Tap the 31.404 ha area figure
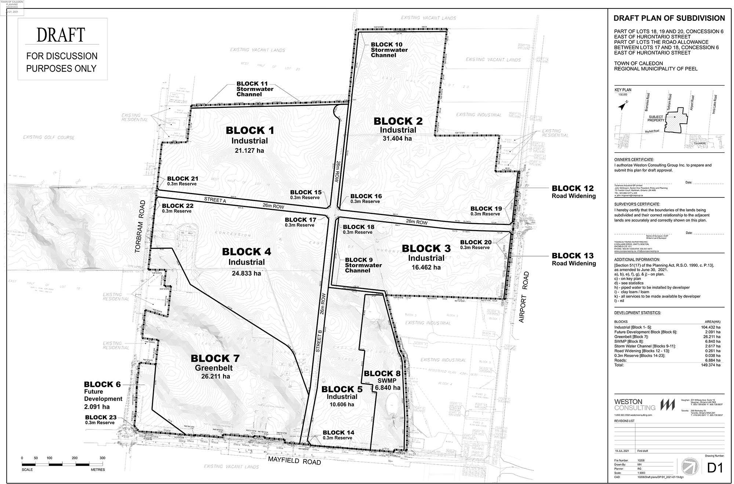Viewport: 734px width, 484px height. click(x=397, y=138)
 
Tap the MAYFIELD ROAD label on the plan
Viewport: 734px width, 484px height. click(x=294, y=461)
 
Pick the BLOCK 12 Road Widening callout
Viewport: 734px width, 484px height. click(x=574, y=192)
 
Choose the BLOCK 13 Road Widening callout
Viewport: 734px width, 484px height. click(x=574, y=259)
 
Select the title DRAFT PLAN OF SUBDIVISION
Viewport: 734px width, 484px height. click(x=669, y=18)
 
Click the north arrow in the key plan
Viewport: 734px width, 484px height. click(x=622, y=107)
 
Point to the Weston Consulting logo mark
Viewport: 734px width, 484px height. click(x=668, y=405)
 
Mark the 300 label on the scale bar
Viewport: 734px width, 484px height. click(x=102, y=458)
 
